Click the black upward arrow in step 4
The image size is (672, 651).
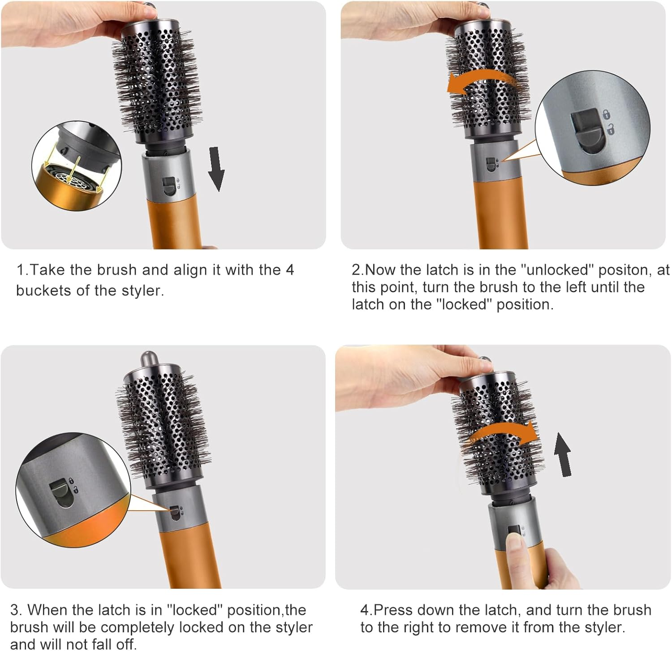563,454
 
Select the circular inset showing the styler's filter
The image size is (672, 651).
77,166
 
